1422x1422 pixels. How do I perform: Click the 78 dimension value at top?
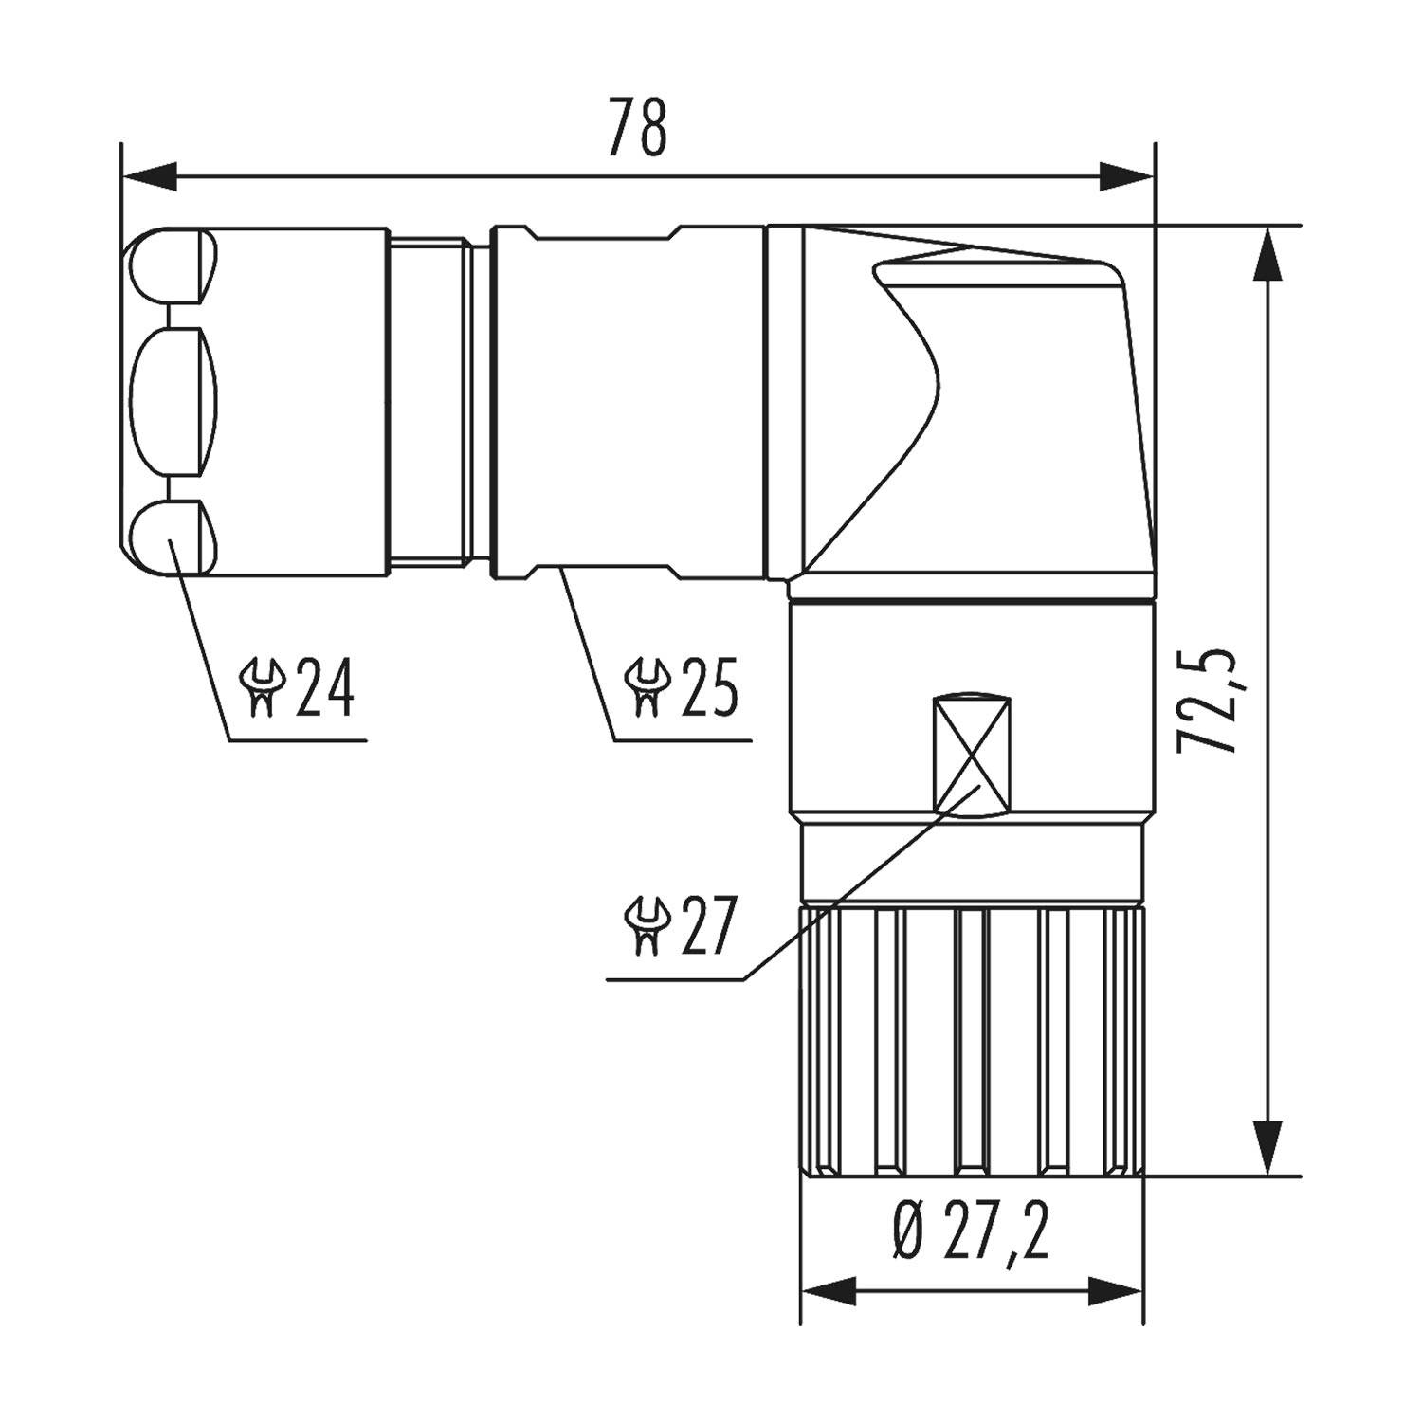pos(637,127)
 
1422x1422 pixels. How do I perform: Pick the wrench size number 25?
pos(706,688)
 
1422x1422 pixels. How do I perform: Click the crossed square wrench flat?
pos(973,755)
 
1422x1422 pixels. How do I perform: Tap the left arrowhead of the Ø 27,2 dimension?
pos(829,1289)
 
